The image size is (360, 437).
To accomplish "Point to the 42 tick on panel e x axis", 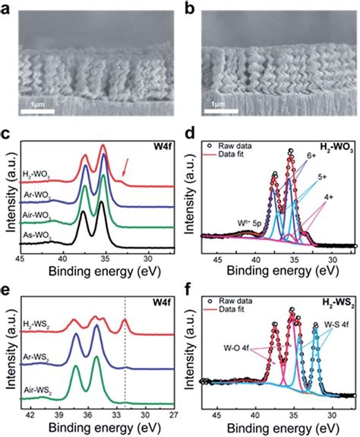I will pos(31,414).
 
